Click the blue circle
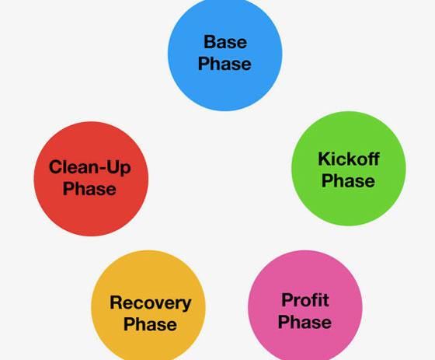[225, 54]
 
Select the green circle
[349, 168]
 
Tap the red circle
[91, 179]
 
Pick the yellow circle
[148, 306]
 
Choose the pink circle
[305, 306]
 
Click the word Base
[225, 42]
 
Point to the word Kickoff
[349, 159]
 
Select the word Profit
[305, 300]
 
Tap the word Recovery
[151, 303]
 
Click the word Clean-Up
[89, 168]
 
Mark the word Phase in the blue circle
[224, 64]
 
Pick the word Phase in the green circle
[348, 180]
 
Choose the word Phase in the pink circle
[304, 322]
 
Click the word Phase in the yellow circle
[150, 324]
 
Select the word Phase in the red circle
[89, 189]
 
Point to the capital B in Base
[210, 42]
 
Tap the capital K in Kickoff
[325, 159]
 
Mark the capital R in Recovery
[117, 302]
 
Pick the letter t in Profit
[326, 300]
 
